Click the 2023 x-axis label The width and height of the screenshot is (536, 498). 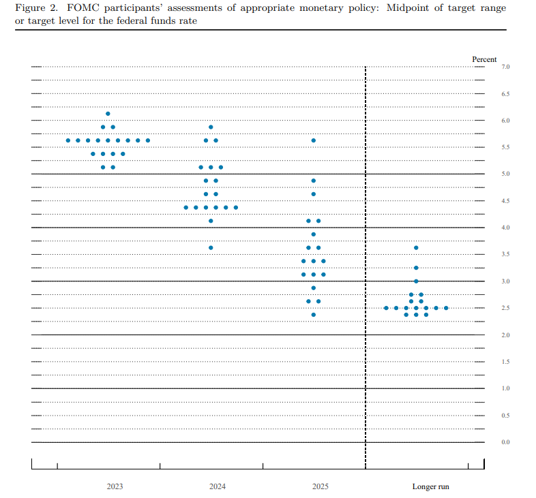pos(115,487)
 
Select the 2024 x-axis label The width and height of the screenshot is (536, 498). pos(218,487)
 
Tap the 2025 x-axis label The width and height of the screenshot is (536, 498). pos(320,487)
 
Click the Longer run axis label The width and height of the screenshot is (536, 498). pos(430,487)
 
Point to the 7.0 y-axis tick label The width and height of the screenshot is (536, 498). pos(506,67)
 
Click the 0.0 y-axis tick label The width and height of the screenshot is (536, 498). pos(506,442)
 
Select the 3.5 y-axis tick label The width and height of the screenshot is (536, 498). pos(506,254)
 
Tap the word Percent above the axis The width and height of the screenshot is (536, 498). pos(484,59)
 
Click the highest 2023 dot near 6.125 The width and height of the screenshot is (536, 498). pos(108,114)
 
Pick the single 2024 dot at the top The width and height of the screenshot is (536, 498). pos(211,127)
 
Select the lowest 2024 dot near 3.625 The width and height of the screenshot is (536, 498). pos(211,247)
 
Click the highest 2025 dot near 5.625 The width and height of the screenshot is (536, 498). pos(314,140)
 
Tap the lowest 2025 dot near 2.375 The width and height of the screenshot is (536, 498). pos(314,315)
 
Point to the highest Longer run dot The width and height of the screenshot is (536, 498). pos(416,247)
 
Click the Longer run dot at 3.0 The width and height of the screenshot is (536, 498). pos(416,281)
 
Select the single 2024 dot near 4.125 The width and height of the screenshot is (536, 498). pos(211,221)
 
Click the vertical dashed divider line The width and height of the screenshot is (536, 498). pos(366,273)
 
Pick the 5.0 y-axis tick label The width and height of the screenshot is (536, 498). pos(506,174)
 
